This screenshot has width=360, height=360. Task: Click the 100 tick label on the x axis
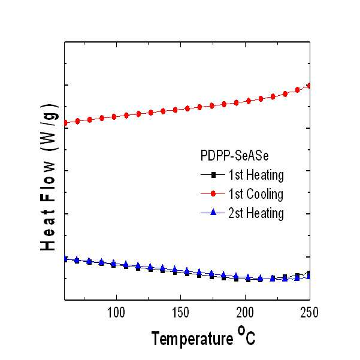116,313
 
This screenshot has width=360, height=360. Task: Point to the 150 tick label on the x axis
181,313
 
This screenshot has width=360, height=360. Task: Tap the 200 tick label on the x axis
245,313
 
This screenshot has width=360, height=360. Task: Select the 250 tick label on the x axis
310,313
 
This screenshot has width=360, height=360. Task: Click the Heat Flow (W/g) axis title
49,177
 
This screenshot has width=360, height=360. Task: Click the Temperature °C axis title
204,337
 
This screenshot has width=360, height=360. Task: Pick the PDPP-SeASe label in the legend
234,156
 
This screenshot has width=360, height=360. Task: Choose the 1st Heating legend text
256,175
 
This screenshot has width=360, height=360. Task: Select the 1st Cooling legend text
256,194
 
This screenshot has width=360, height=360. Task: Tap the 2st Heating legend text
256,213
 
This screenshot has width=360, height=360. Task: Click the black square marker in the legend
213,175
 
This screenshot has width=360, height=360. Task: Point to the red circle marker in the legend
213,193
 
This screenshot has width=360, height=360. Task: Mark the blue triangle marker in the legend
213,212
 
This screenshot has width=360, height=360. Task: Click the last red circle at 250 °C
309,86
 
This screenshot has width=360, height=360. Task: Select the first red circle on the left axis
65,123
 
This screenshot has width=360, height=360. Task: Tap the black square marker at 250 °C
309,274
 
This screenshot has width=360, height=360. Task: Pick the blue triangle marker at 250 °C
309,276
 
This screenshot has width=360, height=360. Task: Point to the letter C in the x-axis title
250,338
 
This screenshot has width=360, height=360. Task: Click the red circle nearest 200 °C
249,101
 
